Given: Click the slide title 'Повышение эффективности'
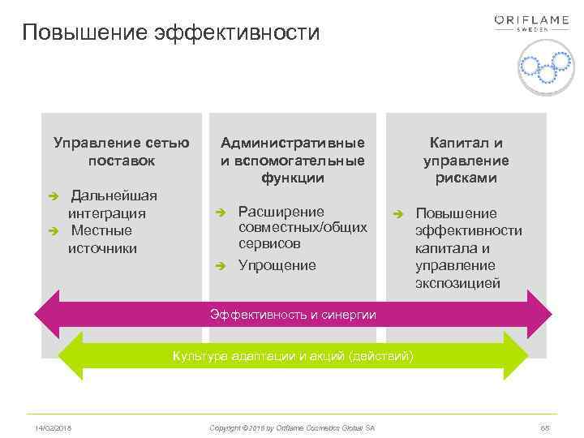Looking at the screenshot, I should [x=171, y=32].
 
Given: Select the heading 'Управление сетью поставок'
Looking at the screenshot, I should [x=122, y=152].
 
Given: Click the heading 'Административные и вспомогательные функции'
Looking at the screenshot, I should [x=293, y=160].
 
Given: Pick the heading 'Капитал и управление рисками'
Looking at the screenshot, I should [x=466, y=160].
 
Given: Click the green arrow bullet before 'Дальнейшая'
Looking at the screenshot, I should [x=54, y=196].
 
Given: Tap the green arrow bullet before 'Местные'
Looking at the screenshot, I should [x=54, y=231].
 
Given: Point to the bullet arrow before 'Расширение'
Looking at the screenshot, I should [x=219, y=213].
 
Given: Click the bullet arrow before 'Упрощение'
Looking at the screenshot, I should [x=219, y=266].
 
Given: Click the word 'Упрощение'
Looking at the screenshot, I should [x=277, y=266].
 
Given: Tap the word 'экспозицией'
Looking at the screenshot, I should [x=457, y=284].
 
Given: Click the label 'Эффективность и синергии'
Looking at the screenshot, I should [x=293, y=315].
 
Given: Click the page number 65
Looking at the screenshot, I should [x=544, y=427].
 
